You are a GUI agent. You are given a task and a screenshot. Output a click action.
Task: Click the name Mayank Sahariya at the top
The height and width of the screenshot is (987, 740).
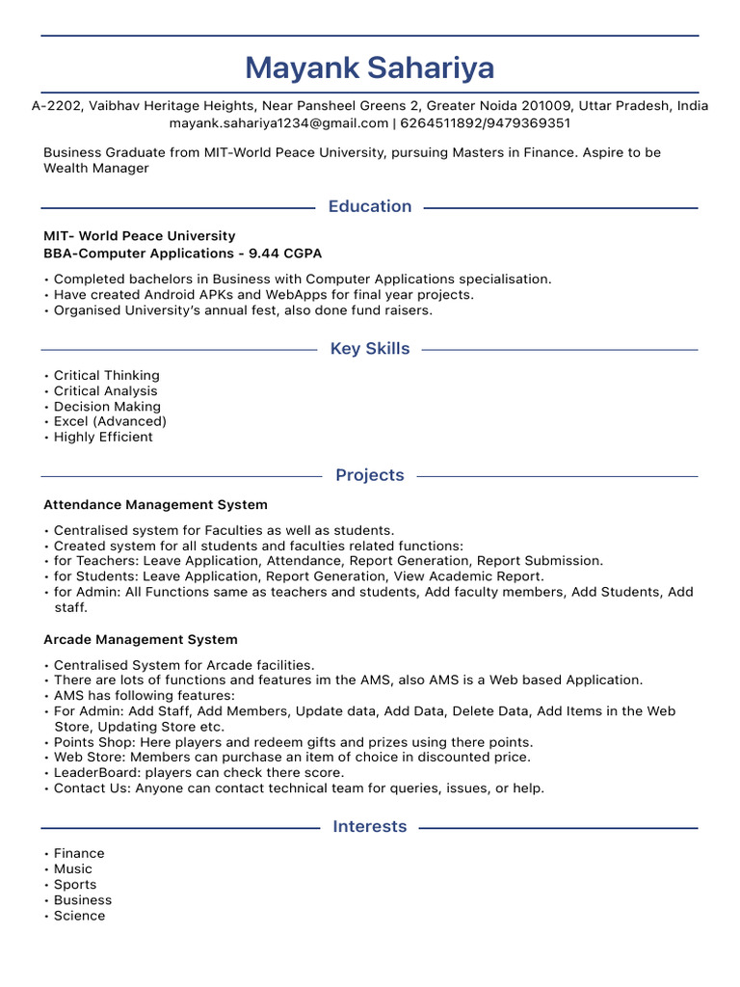[x=369, y=67]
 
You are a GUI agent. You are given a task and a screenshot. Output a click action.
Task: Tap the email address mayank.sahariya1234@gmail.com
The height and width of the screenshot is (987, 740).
[x=278, y=123]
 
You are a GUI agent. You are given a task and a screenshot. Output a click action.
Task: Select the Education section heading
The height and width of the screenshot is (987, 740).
[x=369, y=206]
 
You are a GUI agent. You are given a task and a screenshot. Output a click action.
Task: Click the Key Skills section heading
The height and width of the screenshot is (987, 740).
[x=369, y=349]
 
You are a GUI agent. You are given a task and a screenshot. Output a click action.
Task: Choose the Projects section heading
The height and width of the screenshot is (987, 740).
[x=369, y=475]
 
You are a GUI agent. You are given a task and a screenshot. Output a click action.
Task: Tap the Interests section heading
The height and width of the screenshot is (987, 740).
[x=369, y=827]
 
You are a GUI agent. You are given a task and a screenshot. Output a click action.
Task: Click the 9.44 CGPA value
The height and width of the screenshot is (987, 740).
[x=284, y=253]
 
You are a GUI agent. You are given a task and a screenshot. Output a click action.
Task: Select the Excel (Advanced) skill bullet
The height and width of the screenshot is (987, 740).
[x=110, y=421]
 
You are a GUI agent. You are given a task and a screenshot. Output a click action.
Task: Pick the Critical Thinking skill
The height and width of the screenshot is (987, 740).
[x=106, y=375]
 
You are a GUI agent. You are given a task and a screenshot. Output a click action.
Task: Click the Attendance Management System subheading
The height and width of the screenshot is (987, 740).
[x=155, y=504]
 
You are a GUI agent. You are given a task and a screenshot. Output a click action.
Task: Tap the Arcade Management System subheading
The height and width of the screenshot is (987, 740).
[x=140, y=639]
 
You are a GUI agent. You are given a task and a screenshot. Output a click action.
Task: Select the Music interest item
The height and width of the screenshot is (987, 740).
[x=73, y=869]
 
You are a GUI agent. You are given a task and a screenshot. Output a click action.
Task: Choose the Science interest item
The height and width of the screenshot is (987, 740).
[x=79, y=916]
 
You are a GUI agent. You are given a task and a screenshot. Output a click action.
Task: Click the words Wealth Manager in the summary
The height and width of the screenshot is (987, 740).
[x=96, y=169]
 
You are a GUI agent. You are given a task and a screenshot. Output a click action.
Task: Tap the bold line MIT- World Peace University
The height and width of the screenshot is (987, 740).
[x=139, y=236]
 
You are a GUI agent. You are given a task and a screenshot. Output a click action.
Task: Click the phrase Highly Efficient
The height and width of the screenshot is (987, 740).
[x=103, y=437]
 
